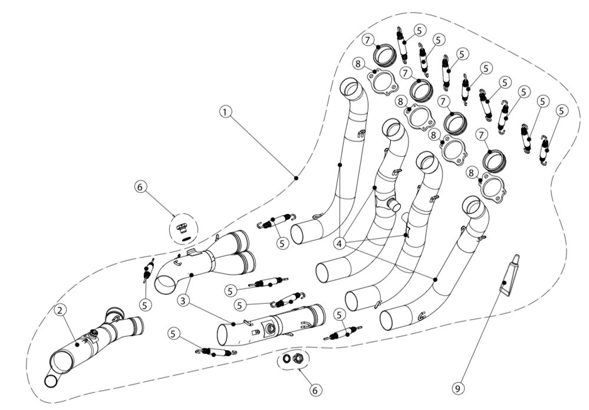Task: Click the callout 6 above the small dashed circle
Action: point(140,186)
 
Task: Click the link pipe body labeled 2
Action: point(83,348)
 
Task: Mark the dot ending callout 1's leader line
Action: point(296,176)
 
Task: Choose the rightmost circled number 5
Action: point(561,110)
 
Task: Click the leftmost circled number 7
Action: point(368,40)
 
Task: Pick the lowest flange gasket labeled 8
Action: point(492,186)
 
